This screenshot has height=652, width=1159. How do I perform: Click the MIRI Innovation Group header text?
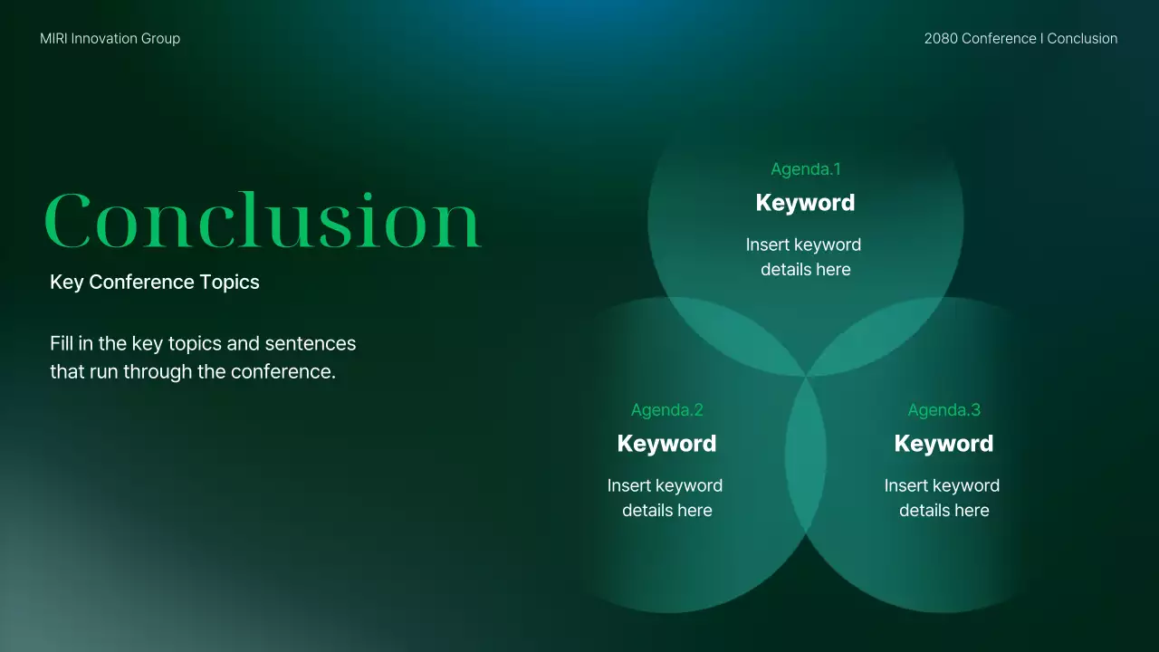(x=110, y=39)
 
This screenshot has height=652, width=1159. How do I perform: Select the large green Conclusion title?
(x=263, y=221)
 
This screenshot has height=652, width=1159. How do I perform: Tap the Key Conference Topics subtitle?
(x=155, y=282)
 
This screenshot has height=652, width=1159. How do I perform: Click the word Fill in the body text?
(x=62, y=343)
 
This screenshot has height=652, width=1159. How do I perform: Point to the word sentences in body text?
(x=310, y=343)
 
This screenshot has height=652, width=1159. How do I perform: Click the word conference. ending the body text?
(x=283, y=371)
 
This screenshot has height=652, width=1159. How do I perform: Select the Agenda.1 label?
(x=806, y=169)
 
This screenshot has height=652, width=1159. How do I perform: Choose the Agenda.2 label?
(x=667, y=410)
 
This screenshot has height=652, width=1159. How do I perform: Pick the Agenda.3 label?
(x=943, y=410)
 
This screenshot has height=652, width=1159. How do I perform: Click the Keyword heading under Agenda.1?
(x=805, y=202)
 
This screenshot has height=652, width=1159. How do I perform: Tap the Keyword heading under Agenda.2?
(x=667, y=444)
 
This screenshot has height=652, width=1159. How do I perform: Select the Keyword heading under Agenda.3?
(x=943, y=444)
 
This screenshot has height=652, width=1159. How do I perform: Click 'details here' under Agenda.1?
(x=806, y=270)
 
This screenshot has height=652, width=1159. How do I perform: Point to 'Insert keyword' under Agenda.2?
(x=665, y=485)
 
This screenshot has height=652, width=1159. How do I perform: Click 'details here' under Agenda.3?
(x=944, y=510)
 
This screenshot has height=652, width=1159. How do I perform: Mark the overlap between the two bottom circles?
(x=805, y=455)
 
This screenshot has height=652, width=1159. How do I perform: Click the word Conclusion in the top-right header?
(x=1082, y=38)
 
